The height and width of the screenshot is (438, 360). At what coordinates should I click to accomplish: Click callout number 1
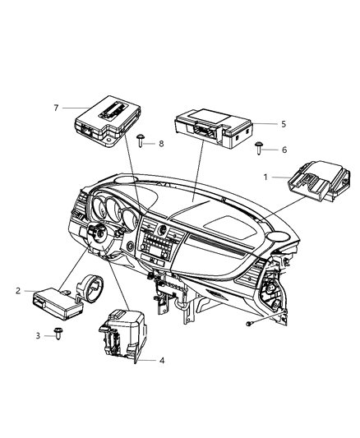tap(265, 178)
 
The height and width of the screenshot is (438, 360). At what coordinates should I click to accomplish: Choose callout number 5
tap(261, 124)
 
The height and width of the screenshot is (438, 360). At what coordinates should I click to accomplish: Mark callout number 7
tap(58, 108)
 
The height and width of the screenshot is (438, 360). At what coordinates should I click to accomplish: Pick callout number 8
tap(159, 143)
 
